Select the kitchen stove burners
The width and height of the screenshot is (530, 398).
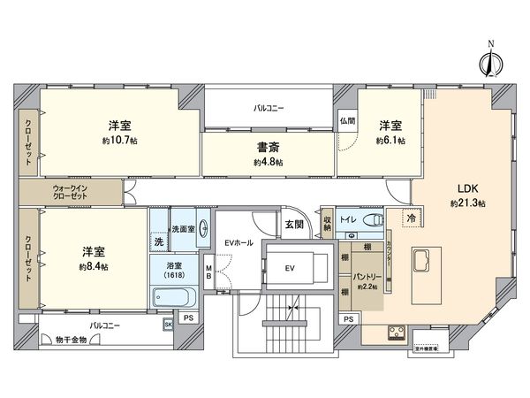coord(396,334)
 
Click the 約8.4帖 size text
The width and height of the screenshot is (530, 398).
coord(92,265)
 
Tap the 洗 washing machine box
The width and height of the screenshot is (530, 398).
coord(159,241)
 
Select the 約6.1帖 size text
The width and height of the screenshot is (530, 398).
coord(390,140)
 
